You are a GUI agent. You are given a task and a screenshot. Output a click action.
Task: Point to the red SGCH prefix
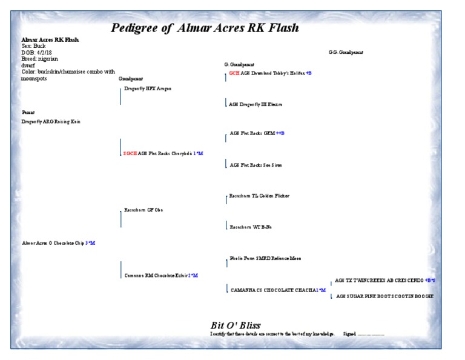(x=130, y=153)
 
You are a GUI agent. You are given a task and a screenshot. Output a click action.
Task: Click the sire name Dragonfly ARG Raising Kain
(x=51, y=122)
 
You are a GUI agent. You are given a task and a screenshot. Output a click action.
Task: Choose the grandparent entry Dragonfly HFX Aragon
(x=148, y=88)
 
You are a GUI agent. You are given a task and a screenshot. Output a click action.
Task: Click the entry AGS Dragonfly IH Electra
(x=256, y=104)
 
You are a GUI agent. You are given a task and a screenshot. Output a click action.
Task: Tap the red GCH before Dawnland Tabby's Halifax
(x=234, y=73)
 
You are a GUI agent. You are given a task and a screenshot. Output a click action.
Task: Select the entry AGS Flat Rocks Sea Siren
(x=256, y=165)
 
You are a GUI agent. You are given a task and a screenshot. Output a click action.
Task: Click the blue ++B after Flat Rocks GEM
(x=280, y=133)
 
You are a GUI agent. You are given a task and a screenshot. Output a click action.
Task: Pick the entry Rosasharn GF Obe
(x=143, y=210)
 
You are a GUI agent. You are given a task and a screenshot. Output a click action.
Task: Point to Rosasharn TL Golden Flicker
(x=259, y=196)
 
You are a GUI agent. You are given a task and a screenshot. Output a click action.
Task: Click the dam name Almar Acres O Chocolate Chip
(x=53, y=243)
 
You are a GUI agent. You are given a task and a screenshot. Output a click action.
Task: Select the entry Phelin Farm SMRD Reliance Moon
(x=265, y=258)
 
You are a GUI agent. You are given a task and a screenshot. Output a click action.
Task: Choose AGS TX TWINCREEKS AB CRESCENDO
(x=380, y=281)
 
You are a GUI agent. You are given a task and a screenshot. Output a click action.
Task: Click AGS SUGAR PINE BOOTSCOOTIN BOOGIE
(x=384, y=296)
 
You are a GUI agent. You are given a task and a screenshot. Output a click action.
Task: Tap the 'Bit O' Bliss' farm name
(x=236, y=325)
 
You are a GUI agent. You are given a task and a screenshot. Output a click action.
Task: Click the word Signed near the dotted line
(x=349, y=334)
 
